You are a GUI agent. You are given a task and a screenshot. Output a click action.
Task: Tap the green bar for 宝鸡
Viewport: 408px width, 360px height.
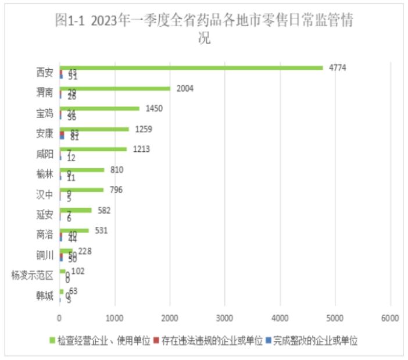(x=99, y=109)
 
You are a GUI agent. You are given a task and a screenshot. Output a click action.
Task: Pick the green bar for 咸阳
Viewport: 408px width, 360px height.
(x=93, y=149)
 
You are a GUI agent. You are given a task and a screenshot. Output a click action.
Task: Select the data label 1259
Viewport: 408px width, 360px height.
(x=142, y=129)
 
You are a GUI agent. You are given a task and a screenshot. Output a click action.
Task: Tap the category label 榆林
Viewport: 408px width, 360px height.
(x=44, y=174)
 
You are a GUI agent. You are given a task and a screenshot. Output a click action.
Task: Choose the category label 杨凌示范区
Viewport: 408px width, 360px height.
(x=33, y=275)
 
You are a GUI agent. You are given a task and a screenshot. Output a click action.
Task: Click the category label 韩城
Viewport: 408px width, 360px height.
(x=44, y=295)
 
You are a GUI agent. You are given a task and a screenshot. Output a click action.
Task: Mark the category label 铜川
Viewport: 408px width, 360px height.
(x=44, y=255)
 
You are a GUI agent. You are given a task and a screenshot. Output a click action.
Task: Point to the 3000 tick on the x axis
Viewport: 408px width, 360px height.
(x=225, y=318)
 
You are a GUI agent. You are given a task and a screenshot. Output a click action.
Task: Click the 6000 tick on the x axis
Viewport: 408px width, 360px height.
(x=390, y=318)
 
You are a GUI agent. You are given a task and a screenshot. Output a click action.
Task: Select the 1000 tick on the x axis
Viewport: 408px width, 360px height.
(x=114, y=318)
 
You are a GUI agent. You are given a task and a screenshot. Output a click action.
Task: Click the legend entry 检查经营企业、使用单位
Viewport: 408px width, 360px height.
(x=104, y=340)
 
